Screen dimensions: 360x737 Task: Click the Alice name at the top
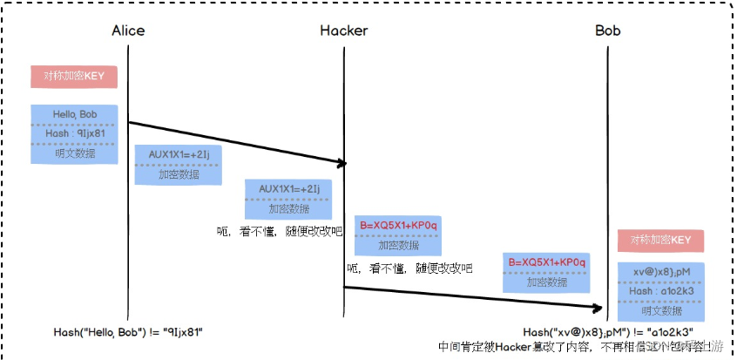(128, 31)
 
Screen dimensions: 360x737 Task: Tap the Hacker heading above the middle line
(343, 31)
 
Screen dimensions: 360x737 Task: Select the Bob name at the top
(607, 31)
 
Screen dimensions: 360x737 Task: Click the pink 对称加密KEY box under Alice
(74, 76)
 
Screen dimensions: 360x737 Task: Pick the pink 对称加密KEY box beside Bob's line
(660, 241)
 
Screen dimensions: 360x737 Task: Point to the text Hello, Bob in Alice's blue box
(74, 115)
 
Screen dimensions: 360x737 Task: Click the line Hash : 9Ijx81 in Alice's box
(74, 133)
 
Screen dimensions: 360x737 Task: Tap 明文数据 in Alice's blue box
(74, 153)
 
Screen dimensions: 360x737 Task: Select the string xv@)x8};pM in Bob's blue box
(660, 272)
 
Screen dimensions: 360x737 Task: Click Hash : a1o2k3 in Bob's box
(660, 290)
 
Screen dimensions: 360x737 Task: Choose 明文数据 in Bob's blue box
(660, 309)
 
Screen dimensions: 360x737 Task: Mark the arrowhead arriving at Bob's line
(601, 308)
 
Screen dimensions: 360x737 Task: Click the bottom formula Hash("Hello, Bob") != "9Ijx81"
(128, 332)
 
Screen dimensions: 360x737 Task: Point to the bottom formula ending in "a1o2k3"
(608, 332)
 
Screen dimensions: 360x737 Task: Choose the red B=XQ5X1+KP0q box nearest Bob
(547, 272)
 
